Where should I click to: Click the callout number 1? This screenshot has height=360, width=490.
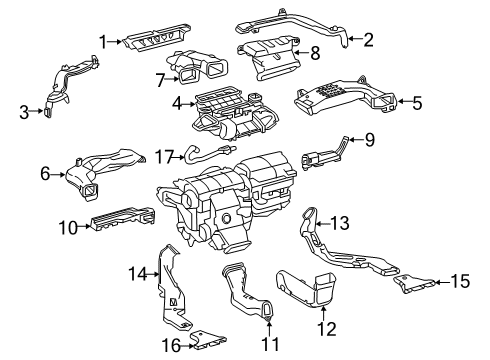104,42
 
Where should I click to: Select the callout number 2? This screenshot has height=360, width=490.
368,39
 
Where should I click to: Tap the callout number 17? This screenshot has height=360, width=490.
164,157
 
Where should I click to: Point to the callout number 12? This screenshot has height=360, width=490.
327,329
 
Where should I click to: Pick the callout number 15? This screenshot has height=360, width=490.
460,281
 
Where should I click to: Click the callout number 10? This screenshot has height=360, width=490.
68,228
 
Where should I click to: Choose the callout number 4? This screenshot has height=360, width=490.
177,104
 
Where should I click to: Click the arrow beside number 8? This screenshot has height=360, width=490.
300,52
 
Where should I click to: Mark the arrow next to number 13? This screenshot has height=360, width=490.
323,223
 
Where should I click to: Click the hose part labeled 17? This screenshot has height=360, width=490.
209,153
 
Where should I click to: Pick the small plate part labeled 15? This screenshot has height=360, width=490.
413,283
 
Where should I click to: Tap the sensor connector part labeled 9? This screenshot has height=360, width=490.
323,155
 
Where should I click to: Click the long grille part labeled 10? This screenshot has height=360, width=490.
123,217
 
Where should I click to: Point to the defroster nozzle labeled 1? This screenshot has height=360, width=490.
155,38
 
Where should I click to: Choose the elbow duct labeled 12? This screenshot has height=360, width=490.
308,288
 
